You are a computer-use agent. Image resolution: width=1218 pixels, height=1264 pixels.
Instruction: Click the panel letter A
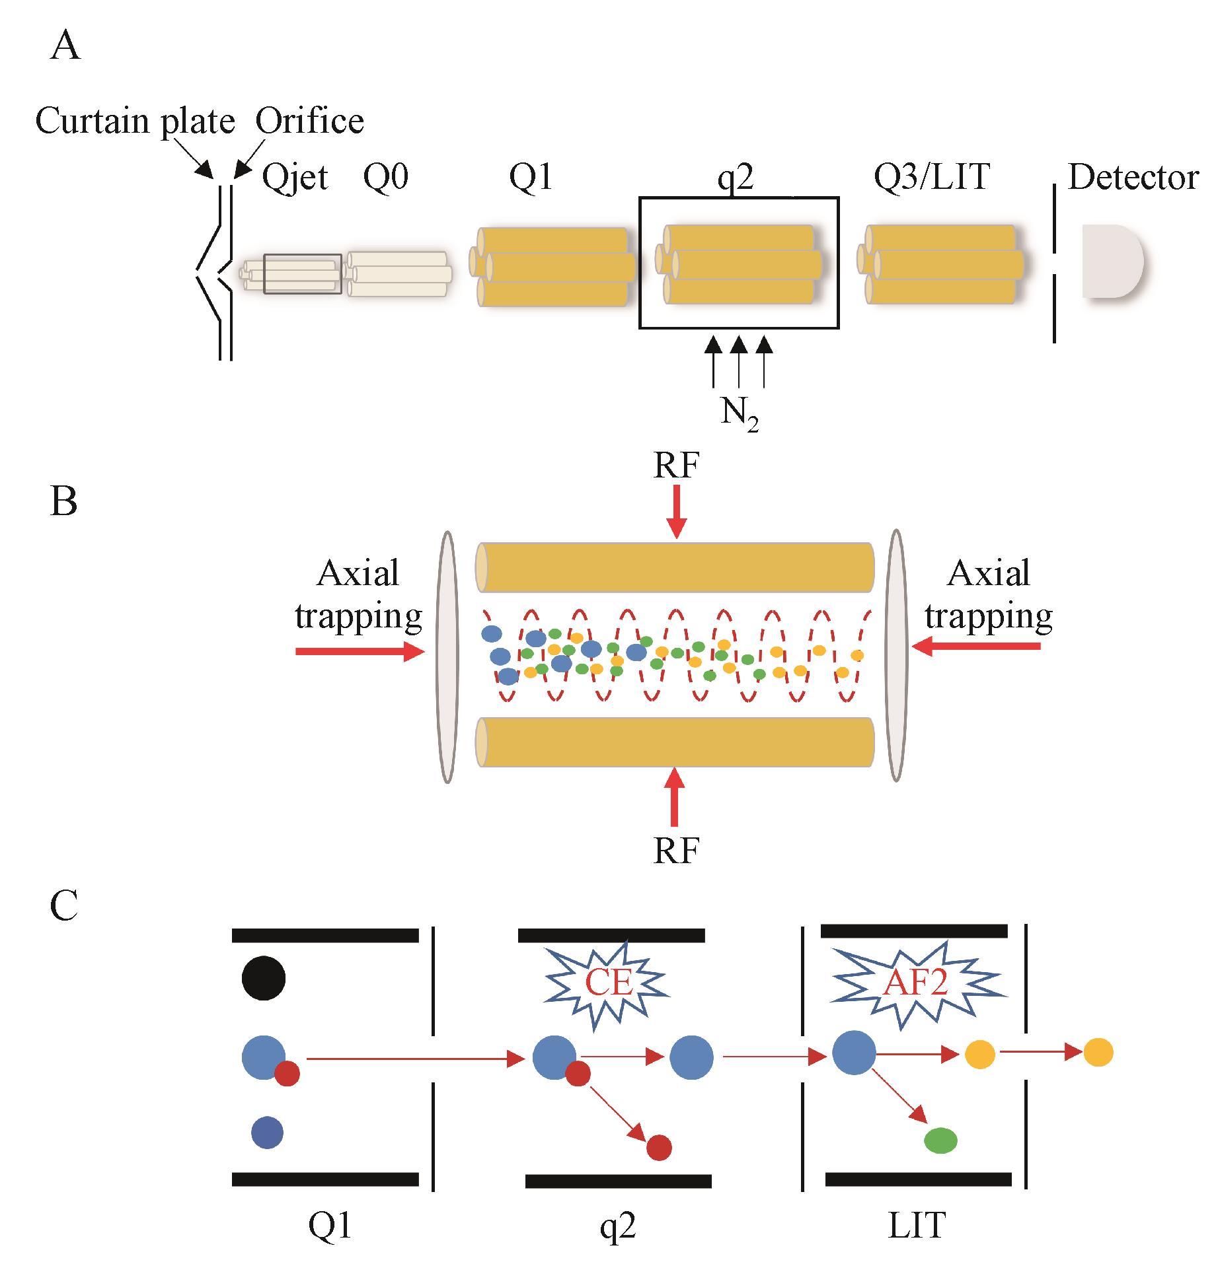[65, 47]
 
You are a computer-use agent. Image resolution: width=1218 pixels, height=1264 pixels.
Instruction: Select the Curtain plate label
[135, 122]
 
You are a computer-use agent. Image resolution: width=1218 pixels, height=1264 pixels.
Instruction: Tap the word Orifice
[309, 122]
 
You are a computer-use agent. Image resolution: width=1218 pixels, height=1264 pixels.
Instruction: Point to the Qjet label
[295, 178]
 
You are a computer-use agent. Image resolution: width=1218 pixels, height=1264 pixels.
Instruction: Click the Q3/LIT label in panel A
[932, 177]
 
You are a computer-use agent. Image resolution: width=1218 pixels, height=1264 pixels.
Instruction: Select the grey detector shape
[1110, 262]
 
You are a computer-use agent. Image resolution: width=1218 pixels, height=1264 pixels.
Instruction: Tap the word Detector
[1133, 177]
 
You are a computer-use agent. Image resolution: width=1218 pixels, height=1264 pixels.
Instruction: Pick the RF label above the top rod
[676, 466]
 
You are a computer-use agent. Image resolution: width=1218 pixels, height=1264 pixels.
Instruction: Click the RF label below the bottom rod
[676, 851]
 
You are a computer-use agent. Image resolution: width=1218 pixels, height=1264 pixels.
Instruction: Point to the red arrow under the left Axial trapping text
[360, 652]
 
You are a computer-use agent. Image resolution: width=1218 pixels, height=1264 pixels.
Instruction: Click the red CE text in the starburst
[609, 983]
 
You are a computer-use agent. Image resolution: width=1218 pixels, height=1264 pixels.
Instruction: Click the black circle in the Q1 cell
[264, 978]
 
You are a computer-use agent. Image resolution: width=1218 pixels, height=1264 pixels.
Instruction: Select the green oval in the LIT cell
[940, 1141]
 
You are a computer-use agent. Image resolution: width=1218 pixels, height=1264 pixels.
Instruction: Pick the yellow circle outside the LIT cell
[1098, 1052]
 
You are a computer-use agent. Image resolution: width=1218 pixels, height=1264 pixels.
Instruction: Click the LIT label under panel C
[917, 1226]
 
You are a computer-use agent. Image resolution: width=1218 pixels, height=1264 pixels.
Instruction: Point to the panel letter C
[64, 905]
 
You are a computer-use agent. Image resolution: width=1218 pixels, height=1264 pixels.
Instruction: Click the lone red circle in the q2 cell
[659, 1148]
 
